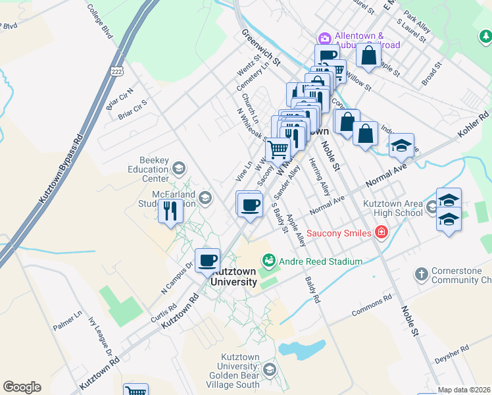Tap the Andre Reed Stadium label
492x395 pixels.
pyautogui.click(x=320, y=261)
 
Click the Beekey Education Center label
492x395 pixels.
pyautogui.click(x=145, y=169)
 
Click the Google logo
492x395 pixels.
pyautogui.click(x=22, y=387)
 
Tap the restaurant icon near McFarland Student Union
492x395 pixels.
pyautogui.click(x=170, y=212)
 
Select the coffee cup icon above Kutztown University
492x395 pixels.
pyautogui.click(x=208, y=261)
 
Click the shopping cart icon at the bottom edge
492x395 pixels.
pyautogui.click(x=135, y=390)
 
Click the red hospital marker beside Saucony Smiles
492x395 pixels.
pyautogui.click(x=380, y=232)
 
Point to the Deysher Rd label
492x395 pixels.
pyautogui.click(x=451, y=354)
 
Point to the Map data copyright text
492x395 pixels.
pyautogui.click(x=464, y=390)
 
